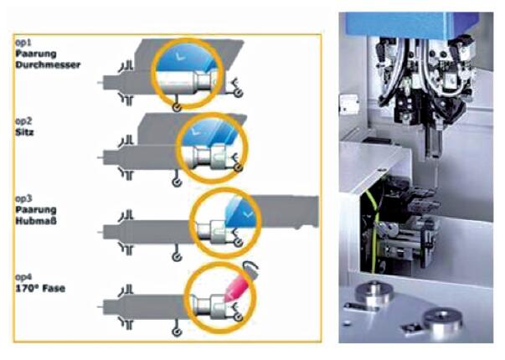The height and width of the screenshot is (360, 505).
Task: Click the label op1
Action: click(23, 43)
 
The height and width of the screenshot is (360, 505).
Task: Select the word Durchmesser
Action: click(48, 64)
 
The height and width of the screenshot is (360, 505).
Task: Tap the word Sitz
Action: click(25, 132)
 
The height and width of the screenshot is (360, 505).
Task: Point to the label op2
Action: click(23, 121)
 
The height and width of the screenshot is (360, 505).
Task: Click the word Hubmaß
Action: click(36, 221)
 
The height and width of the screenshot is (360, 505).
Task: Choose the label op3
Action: click(23, 198)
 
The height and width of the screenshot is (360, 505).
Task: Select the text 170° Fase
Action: click(40, 288)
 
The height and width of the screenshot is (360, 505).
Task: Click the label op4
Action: click(23, 277)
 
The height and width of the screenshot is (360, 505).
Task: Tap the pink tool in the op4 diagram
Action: click(237, 288)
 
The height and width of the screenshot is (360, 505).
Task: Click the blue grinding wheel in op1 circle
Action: click(185, 58)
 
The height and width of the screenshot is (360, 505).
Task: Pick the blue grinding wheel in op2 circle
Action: click(209, 132)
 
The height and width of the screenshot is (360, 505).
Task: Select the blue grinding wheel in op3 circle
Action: click(242, 211)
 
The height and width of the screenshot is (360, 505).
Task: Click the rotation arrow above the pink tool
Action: click(251, 267)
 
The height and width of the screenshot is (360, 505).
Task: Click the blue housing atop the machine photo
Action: click(415, 24)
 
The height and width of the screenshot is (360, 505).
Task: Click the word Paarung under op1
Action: click(36, 54)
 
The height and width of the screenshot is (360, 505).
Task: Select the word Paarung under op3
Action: click(36, 209)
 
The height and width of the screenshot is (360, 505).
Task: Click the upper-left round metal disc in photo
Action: click(374, 292)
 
